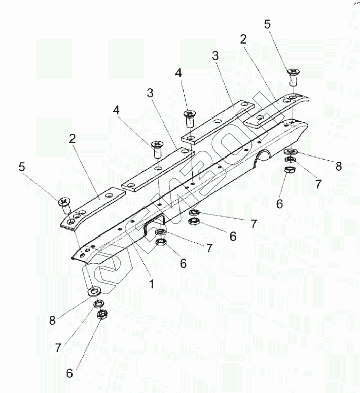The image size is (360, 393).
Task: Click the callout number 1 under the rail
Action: [152, 284]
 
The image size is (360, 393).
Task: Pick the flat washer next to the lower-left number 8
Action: [95, 291]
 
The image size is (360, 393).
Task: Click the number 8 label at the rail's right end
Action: [338, 166]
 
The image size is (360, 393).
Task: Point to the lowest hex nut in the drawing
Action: [101, 315]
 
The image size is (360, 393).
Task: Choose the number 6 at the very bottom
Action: [70, 374]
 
